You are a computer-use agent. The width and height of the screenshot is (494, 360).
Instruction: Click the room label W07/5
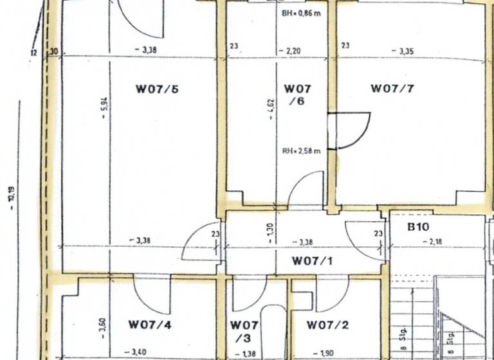point(156,89)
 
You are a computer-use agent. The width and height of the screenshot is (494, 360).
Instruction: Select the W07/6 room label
point(298,94)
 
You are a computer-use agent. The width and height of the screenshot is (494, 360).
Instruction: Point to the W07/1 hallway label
point(313,261)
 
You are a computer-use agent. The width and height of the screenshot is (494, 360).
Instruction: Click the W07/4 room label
point(150,325)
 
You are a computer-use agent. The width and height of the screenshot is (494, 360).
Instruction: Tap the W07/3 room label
point(244,331)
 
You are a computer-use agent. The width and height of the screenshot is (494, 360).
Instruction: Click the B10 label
point(418,227)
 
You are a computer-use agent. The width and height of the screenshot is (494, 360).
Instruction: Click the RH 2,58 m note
point(301,152)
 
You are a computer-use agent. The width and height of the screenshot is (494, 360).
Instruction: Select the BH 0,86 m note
point(301,13)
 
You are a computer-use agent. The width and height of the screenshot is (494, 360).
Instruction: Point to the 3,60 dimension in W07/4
point(103,328)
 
